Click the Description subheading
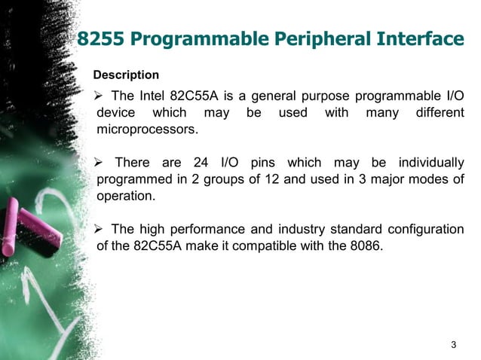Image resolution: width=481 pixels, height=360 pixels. click(126, 75)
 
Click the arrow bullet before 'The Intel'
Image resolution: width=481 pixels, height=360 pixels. click(98, 97)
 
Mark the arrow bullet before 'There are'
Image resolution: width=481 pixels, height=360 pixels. click(98, 163)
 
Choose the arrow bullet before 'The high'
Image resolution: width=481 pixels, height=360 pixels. click(98, 228)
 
